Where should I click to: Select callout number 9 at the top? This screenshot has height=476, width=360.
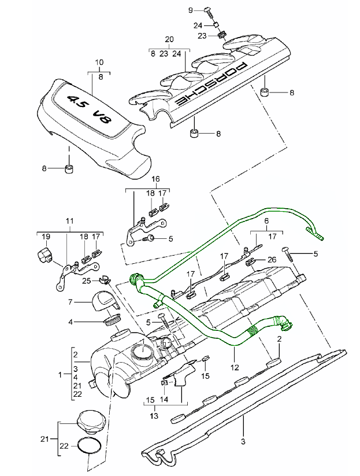(191, 10)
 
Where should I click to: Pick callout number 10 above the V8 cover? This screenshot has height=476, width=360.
(99, 62)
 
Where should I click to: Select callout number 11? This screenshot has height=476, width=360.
(70, 222)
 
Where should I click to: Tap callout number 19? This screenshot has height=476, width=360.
(46, 236)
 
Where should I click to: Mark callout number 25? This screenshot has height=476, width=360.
(86, 281)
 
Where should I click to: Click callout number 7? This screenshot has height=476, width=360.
(70, 302)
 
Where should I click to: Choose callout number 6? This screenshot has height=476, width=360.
(266, 222)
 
